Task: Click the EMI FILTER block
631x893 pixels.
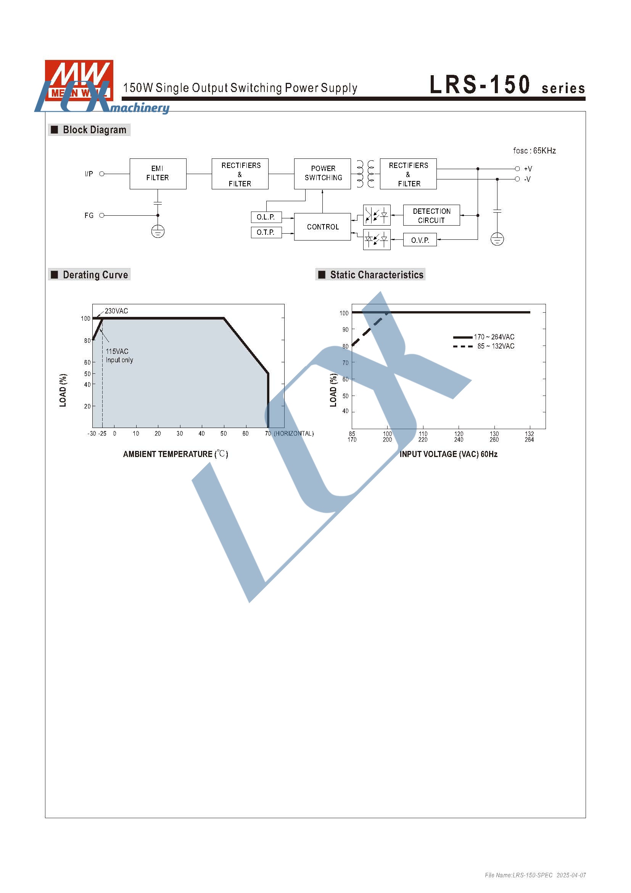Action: click(x=158, y=173)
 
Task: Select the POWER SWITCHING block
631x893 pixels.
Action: click(x=322, y=173)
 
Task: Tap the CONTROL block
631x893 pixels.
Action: click(x=322, y=227)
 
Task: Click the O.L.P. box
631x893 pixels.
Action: click(x=266, y=217)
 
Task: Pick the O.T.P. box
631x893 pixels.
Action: click(x=266, y=232)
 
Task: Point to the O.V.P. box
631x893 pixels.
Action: click(x=420, y=240)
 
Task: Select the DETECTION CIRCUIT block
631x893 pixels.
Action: click(x=432, y=215)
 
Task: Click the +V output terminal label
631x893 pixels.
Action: click(x=528, y=169)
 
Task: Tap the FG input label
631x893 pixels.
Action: click(x=89, y=215)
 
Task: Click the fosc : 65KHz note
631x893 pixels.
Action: click(x=534, y=151)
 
